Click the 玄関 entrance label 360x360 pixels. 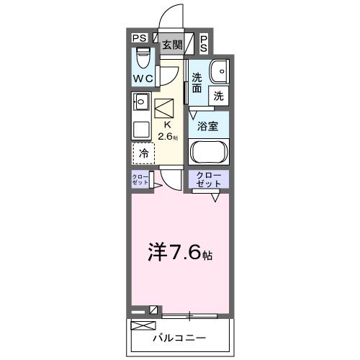pyautogui.click(x=172, y=44)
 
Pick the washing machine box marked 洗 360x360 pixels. pyautogui.click(x=218, y=95)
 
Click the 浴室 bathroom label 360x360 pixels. pyautogui.click(x=209, y=125)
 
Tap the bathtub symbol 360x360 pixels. pyautogui.click(x=209, y=153)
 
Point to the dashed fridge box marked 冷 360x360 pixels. pyautogui.click(x=143, y=153)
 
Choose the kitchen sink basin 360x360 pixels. pyautogui.click(x=140, y=103)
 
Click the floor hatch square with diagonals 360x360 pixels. pyautogui.click(x=165, y=109)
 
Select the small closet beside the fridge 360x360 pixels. pyautogui.click(x=140, y=181)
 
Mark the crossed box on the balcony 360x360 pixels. pyautogui.click(x=140, y=326)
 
